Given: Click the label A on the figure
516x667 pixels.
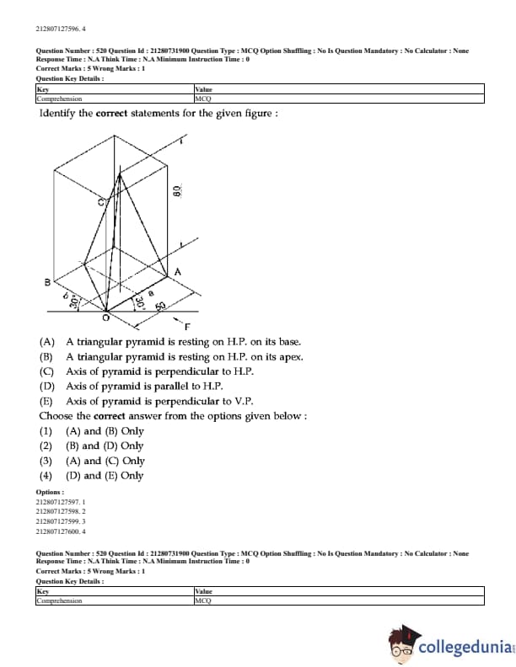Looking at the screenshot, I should [x=177, y=271].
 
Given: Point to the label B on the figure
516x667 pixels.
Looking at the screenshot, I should [x=48, y=281].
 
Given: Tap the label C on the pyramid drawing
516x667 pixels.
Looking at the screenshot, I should [x=100, y=201].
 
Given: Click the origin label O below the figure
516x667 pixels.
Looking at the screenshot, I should [x=105, y=318].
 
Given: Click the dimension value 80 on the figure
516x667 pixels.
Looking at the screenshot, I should [x=177, y=191].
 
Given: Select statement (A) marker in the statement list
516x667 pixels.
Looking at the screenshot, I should [x=47, y=342].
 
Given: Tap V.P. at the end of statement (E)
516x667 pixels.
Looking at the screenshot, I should [x=241, y=401].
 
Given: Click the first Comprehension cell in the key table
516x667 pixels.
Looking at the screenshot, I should [x=59, y=99].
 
